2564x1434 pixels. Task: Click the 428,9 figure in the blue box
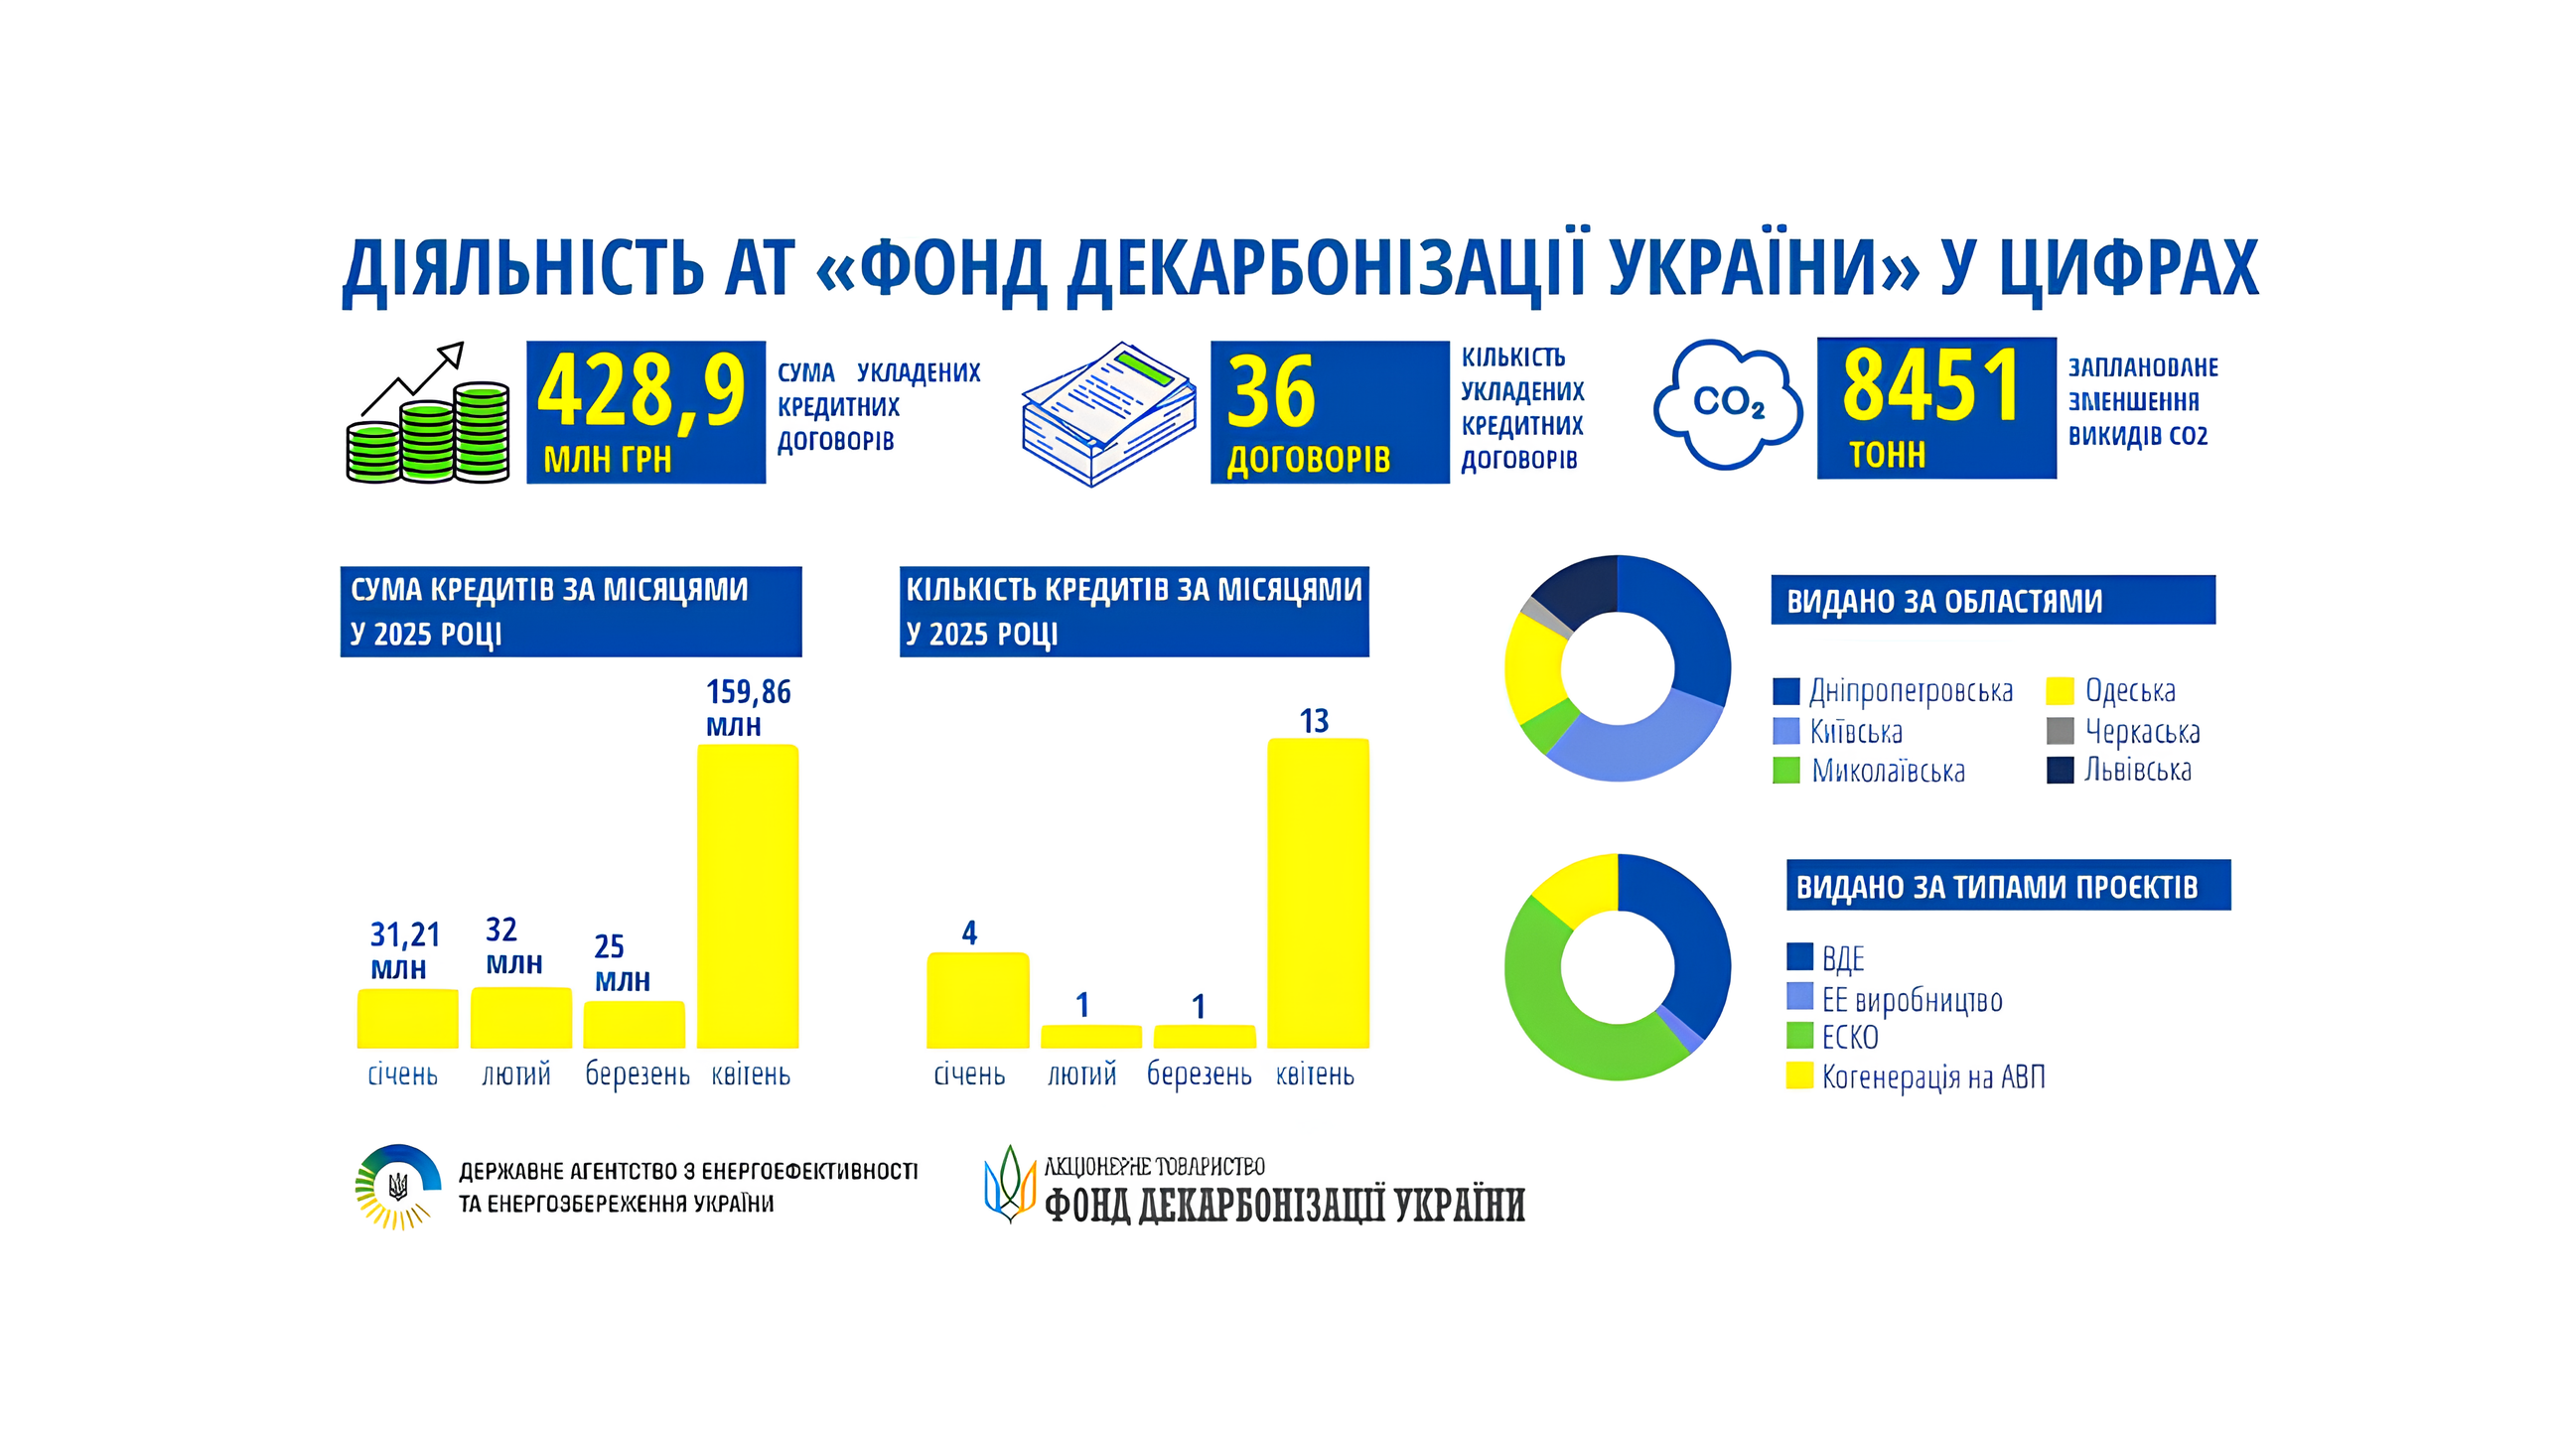642,392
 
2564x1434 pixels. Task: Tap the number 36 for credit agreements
1271,393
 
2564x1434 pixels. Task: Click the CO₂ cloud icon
1728,404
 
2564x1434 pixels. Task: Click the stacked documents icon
1109,414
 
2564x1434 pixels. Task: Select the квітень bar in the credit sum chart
748,896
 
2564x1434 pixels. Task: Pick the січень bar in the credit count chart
977,1000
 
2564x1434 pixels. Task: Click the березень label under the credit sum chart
637,1075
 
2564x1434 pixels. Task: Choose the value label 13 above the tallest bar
1314,721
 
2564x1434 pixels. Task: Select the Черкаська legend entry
2123,732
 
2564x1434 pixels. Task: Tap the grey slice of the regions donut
1546,616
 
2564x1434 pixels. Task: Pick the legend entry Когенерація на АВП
1916,1076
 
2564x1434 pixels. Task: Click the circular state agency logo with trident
398,1186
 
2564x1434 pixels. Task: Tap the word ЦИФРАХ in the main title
2129,268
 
